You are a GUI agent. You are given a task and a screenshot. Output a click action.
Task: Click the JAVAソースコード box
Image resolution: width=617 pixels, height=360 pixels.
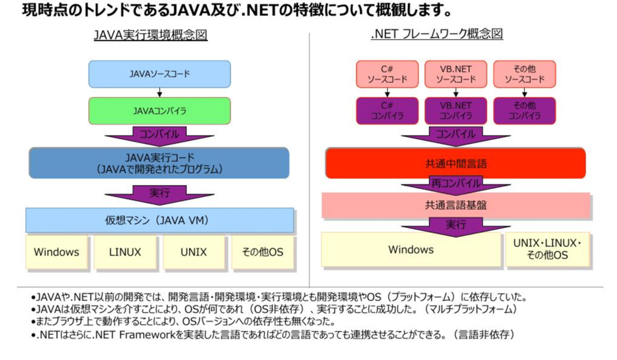(x=159, y=74)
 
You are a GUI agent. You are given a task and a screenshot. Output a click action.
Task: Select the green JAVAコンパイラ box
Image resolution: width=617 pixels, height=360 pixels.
(x=159, y=111)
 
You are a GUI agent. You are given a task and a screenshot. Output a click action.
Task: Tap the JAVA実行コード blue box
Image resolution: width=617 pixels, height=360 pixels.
(x=159, y=163)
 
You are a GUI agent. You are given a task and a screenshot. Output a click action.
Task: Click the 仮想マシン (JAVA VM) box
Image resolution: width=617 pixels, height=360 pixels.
(x=159, y=220)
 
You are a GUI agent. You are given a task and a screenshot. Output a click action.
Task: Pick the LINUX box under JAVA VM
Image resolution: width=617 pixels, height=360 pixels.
(x=125, y=252)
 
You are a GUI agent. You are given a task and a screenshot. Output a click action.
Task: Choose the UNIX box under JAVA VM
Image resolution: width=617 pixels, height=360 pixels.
(x=193, y=252)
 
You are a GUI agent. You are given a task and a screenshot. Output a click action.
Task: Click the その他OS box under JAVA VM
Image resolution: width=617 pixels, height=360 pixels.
(x=263, y=252)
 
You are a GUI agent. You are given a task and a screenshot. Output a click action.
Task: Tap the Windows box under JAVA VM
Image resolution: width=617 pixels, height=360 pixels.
(x=57, y=252)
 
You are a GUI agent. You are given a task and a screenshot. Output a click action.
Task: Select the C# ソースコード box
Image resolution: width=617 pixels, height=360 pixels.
(x=387, y=74)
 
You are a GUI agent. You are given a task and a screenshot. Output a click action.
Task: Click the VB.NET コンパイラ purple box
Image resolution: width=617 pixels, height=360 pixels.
(x=456, y=111)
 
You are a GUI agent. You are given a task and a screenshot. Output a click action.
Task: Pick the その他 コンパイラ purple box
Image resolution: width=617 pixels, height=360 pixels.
(x=525, y=111)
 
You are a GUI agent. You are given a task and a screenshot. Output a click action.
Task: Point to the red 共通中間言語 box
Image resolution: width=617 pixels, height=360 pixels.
(x=456, y=163)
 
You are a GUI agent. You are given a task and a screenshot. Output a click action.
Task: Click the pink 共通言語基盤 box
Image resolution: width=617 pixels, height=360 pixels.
(x=456, y=205)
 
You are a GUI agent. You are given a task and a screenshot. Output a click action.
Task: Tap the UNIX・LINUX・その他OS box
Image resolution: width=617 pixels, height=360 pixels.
(x=547, y=249)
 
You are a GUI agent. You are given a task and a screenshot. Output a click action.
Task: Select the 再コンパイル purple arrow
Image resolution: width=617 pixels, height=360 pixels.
(x=456, y=185)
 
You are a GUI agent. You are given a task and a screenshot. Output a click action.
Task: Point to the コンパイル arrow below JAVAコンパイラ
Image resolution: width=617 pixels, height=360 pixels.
(x=159, y=136)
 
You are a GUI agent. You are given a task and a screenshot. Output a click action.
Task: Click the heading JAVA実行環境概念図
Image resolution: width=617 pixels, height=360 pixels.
(x=151, y=34)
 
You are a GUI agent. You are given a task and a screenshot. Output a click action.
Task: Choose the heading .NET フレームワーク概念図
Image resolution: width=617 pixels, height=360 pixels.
(x=437, y=34)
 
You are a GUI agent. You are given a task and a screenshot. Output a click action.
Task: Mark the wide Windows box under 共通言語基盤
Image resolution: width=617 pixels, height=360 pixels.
(x=411, y=249)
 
